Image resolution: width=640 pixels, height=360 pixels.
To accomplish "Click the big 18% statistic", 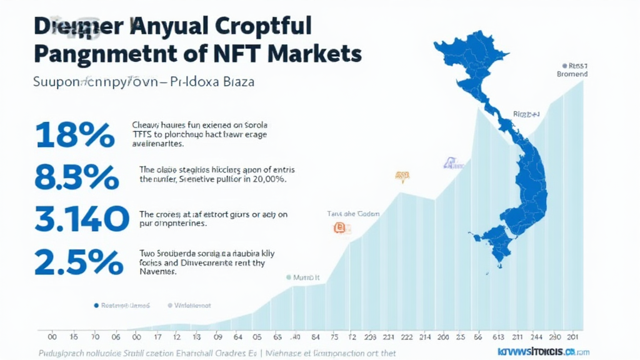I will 75,136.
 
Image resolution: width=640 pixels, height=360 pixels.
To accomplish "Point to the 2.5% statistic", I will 79,262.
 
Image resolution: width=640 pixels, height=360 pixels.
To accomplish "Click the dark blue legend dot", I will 96,306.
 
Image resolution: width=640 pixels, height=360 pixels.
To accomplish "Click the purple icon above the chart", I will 449,164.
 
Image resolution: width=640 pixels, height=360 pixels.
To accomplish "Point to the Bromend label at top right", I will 572,74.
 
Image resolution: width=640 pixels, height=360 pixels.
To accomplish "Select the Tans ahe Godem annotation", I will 353,214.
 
